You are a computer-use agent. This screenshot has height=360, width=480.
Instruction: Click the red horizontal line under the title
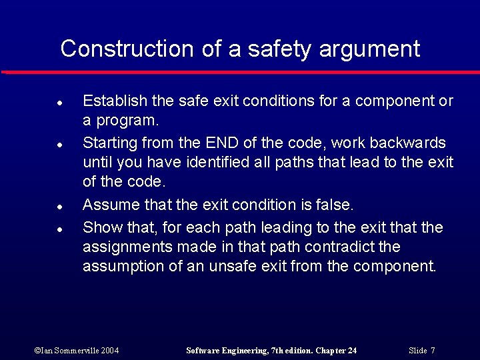click(240, 72)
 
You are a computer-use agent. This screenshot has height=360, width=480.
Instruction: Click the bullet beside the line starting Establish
click(59, 103)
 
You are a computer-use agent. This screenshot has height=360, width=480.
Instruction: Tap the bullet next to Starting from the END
click(59, 144)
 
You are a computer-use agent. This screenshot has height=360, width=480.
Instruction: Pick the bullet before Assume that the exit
click(59, 206)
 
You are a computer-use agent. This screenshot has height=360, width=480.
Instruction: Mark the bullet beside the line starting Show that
click(59, 229)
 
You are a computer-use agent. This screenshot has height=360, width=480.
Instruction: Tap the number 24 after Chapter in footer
click(351, 351)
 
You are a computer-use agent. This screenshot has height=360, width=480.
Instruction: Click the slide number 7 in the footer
click(433, 351)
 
